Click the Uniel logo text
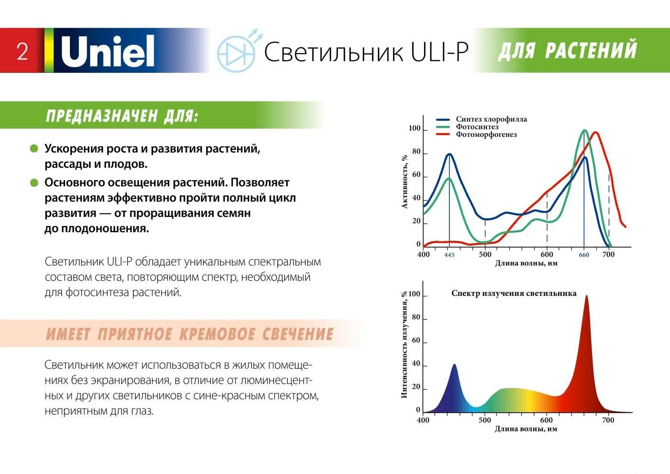(x=108, y=51)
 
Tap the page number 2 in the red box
(x=22, y=51)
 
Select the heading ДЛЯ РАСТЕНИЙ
(x=568, y=50)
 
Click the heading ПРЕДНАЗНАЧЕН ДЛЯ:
(x=122, y=115)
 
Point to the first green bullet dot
(x=34, y=148)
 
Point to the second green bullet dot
(x=34, y=182)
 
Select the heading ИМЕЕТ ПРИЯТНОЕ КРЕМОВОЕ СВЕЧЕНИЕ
(x=190, y=334)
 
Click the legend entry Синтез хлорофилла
(x=491, y=119)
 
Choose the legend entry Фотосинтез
(x=477, y=127)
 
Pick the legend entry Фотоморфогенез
(x=486, y=135)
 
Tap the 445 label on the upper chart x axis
(x=449, y=255)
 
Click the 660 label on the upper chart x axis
(x=584, y=255)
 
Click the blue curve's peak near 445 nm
(x=449, y=154)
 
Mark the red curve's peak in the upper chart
(x=595, y=133)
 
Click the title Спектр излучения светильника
(x=514, y=293)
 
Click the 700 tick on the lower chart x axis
(x=608, y=420)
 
